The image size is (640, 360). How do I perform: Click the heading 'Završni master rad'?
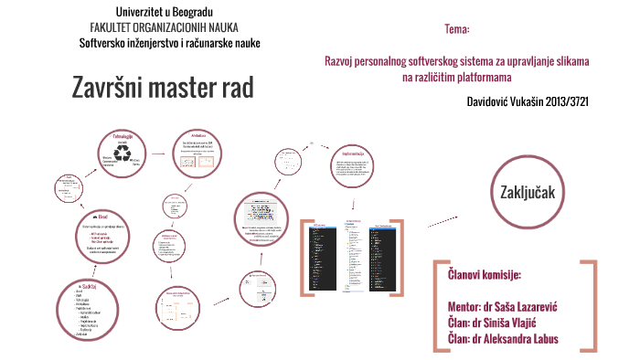click(x=162, y=88)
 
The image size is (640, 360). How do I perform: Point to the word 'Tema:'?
click(x=457, y=30)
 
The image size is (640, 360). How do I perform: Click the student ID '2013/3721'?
click(x=559, y=101)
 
